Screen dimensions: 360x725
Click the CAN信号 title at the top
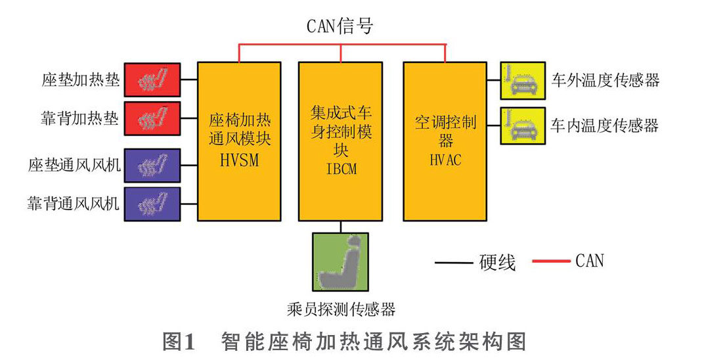(x=340, y=26)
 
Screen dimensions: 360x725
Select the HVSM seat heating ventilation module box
(x=234, y=141)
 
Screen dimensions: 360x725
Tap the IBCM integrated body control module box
(x=340, y=141)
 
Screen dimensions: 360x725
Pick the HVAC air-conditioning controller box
(x=445, y=141)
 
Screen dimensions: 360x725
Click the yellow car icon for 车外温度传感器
(x=522, y=80)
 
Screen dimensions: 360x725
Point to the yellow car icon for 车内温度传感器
(x=522, y=125)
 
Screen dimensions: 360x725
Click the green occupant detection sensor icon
(x=340, y=262)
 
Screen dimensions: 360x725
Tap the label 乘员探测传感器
(x=341, y=309)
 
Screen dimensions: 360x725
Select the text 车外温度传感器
(x=604, y=81)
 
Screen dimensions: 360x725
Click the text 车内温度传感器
(x=604, y=125)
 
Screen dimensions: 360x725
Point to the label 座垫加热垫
(x=80, y=80)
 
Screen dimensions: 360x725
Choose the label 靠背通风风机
(x=74, y=204)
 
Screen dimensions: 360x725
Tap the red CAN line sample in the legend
(x=550, y=261)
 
